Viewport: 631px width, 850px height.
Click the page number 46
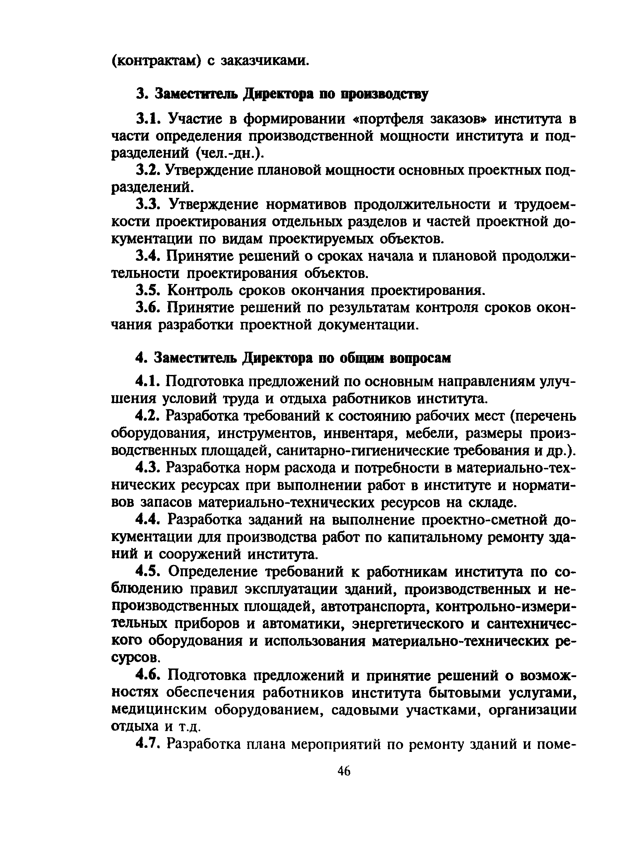pos(344,771)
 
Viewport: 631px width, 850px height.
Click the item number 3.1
pos(147,119)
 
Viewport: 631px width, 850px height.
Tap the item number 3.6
pos(147,308)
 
